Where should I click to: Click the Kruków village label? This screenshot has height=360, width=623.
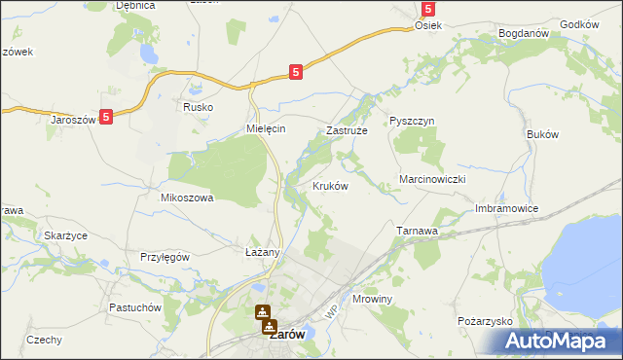[330, 186]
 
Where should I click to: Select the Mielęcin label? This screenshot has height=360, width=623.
[265, 128]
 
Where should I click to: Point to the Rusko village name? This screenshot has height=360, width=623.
[198, 108]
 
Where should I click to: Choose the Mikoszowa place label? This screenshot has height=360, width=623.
[186, 197]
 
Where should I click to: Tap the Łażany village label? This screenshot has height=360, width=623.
[262, 252]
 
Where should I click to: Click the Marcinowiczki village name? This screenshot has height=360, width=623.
[435, 180]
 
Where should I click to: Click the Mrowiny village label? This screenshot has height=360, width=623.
[371, 300]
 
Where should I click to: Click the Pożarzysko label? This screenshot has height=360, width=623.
[484, 320]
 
